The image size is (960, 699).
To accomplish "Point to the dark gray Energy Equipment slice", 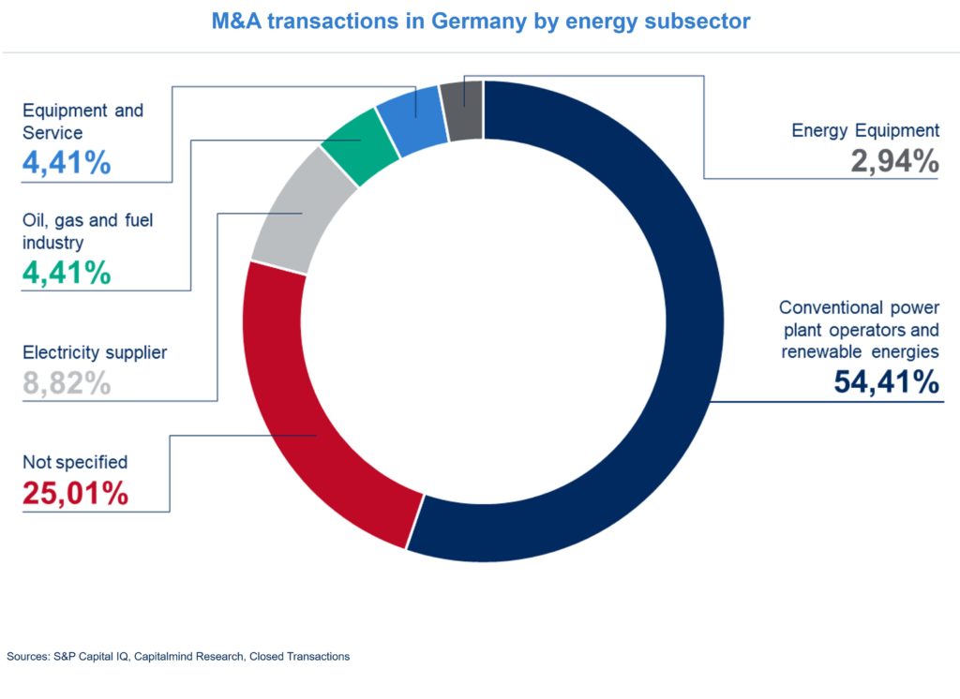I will [465, 111].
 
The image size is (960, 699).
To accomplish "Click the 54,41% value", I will [886, 382].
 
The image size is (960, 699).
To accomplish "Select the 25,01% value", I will [75, 493].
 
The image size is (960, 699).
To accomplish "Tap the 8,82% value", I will [67, 383].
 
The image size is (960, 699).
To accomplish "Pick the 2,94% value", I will [894, 161].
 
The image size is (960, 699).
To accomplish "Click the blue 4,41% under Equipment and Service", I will [67, 163].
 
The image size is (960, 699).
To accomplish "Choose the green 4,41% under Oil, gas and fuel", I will [67, 273].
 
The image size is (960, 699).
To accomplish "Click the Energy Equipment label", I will [865, 130].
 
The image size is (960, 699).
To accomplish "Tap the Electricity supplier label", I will [95, 353].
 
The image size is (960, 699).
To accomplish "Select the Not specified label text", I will [75, 462].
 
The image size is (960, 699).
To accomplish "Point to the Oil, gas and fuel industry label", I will [87, 231].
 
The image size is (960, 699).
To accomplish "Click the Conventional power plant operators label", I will [859, 329].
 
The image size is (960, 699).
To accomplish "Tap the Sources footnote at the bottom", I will [178, 657].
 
